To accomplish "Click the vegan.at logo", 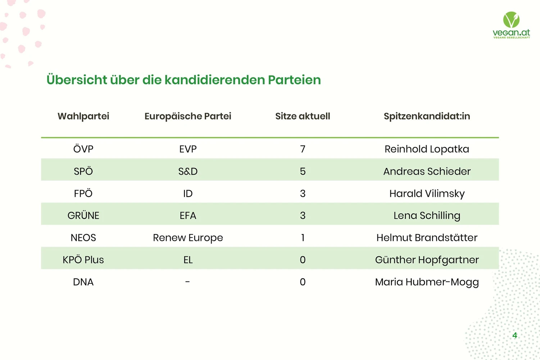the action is [x=511, y=25].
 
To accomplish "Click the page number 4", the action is [x=515, y=335].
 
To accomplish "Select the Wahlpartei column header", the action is [x=83, y=116].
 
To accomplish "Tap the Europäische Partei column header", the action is [x=188, y=116].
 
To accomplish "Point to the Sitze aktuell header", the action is [x=303, y=116].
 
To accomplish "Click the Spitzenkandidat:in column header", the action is [x=427, y=116].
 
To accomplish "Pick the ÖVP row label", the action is [x=83, y=149].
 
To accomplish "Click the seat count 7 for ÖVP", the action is [x=303, y=149].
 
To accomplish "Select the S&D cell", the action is [x=188, y=171].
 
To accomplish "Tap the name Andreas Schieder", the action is [x=427, y=171].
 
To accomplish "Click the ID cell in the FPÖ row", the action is [x=188, y=194].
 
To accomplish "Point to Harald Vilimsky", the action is [x=427, y=194].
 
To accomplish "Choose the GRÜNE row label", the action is [x=83, y=215].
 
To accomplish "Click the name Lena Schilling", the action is [x=427, y=216].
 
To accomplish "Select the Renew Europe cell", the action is [x=188, y=238].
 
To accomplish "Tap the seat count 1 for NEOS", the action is [x=303, y=238].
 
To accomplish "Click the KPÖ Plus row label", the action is [x=83, y=260].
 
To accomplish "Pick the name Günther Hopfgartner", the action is [x=427, y=260].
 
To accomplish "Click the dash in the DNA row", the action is [x=187, y=282].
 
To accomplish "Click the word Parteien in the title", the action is [x=294, y=80].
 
